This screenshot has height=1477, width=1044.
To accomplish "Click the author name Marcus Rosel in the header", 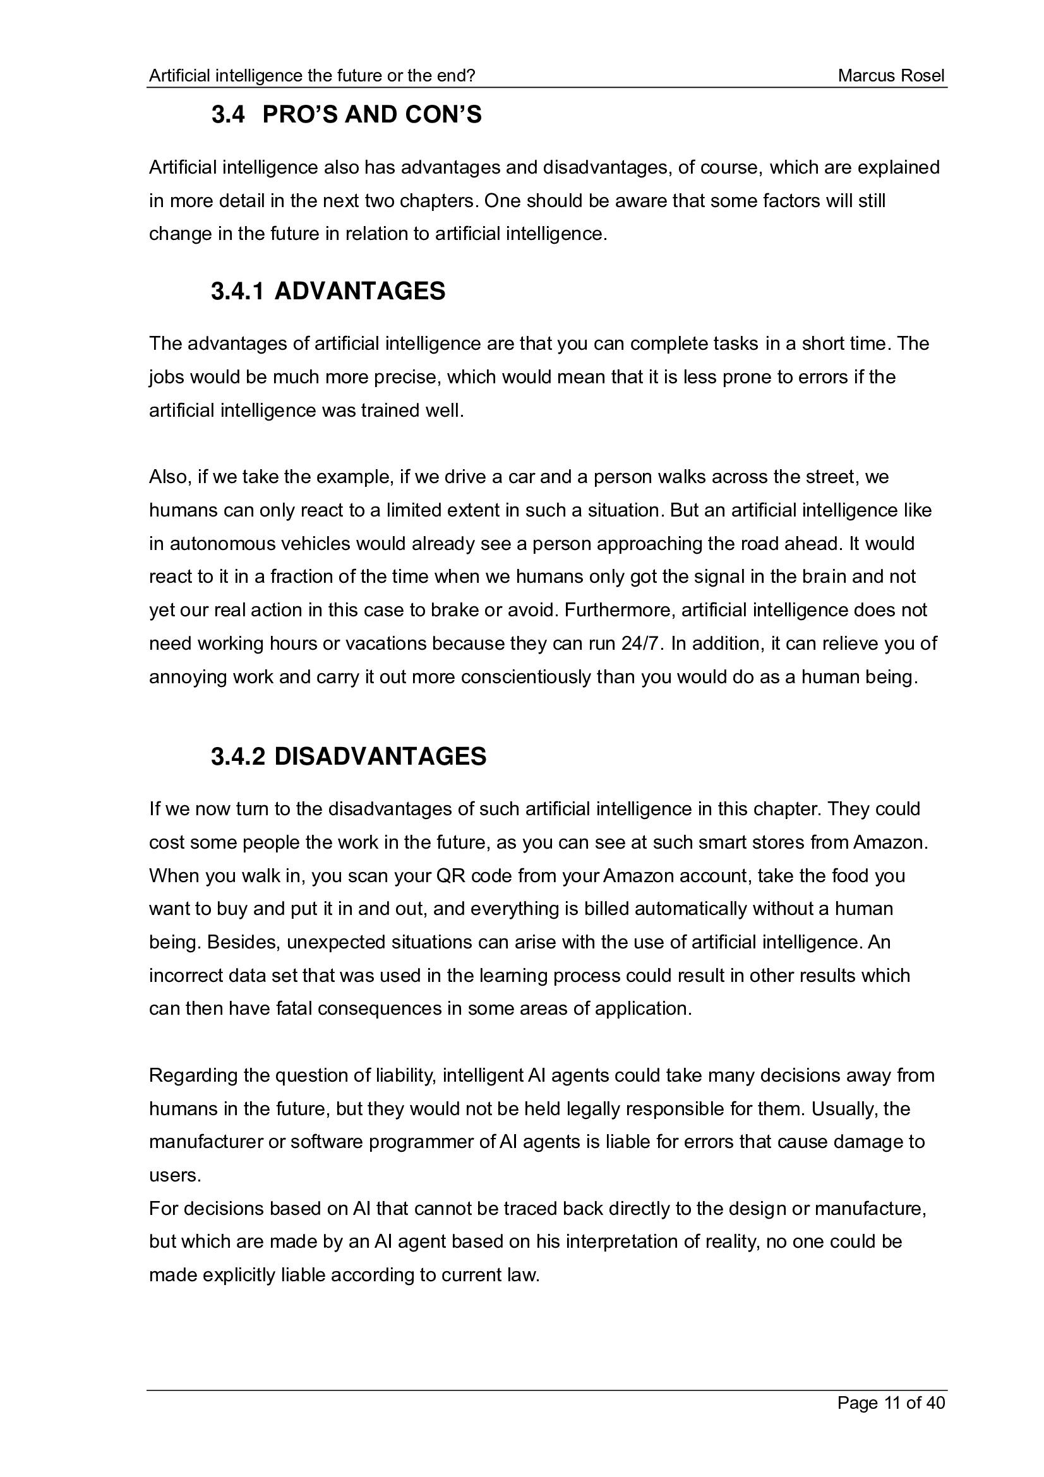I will point(891,76).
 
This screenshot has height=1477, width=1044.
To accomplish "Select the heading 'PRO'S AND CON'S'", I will point(372,115).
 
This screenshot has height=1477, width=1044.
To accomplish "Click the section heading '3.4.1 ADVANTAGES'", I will point(328,291).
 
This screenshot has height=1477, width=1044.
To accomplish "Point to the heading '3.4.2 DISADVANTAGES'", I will point(349,756).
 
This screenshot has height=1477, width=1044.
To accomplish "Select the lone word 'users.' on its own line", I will point(175,1175).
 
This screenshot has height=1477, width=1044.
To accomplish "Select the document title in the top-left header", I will point(312,76).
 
